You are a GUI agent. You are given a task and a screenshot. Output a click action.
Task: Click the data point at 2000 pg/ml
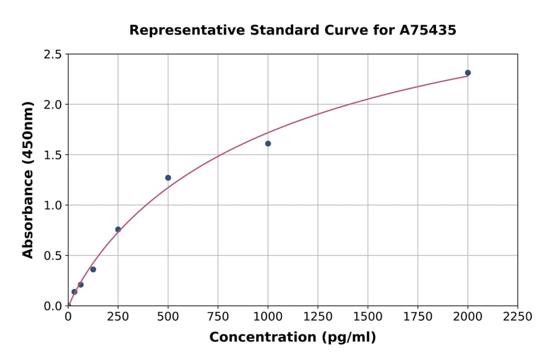click(x=467, y=73)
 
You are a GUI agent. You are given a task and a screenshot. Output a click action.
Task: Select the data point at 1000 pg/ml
click(x=268, y=144)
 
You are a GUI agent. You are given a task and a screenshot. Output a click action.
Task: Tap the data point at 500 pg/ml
click(x=168, y=178)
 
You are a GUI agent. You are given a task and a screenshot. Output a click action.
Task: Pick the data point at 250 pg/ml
click(x=118, y=229)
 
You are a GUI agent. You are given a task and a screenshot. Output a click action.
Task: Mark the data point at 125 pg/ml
click(x=93, y=269)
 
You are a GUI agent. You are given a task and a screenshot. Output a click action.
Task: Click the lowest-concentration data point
click(x=74, y=292)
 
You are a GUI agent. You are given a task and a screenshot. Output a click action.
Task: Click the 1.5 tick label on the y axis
click(x=53, y=155)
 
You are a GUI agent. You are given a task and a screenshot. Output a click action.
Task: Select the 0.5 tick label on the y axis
click(x=53, y=256)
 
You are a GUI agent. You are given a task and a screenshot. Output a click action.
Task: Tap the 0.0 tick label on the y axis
click(x=53, y=306)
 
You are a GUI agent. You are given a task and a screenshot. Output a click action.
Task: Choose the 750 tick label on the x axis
click(x=218, y=317)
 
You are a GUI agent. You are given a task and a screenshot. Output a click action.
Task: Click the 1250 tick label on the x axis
click(x=318, y=317)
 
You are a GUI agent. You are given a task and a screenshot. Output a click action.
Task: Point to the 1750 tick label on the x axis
click(x=418, y=317)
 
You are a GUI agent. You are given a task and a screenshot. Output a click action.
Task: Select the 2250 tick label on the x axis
click(x=518, y=317)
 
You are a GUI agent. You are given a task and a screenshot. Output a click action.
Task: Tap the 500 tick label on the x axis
click(x=168, y=317)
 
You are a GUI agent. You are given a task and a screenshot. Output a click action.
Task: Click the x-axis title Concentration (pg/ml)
click(x=292, y=338)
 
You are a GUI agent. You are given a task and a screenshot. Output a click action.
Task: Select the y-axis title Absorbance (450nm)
click(x=28, y=180)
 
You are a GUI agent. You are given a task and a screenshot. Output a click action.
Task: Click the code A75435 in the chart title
click(x=428, y=30)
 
